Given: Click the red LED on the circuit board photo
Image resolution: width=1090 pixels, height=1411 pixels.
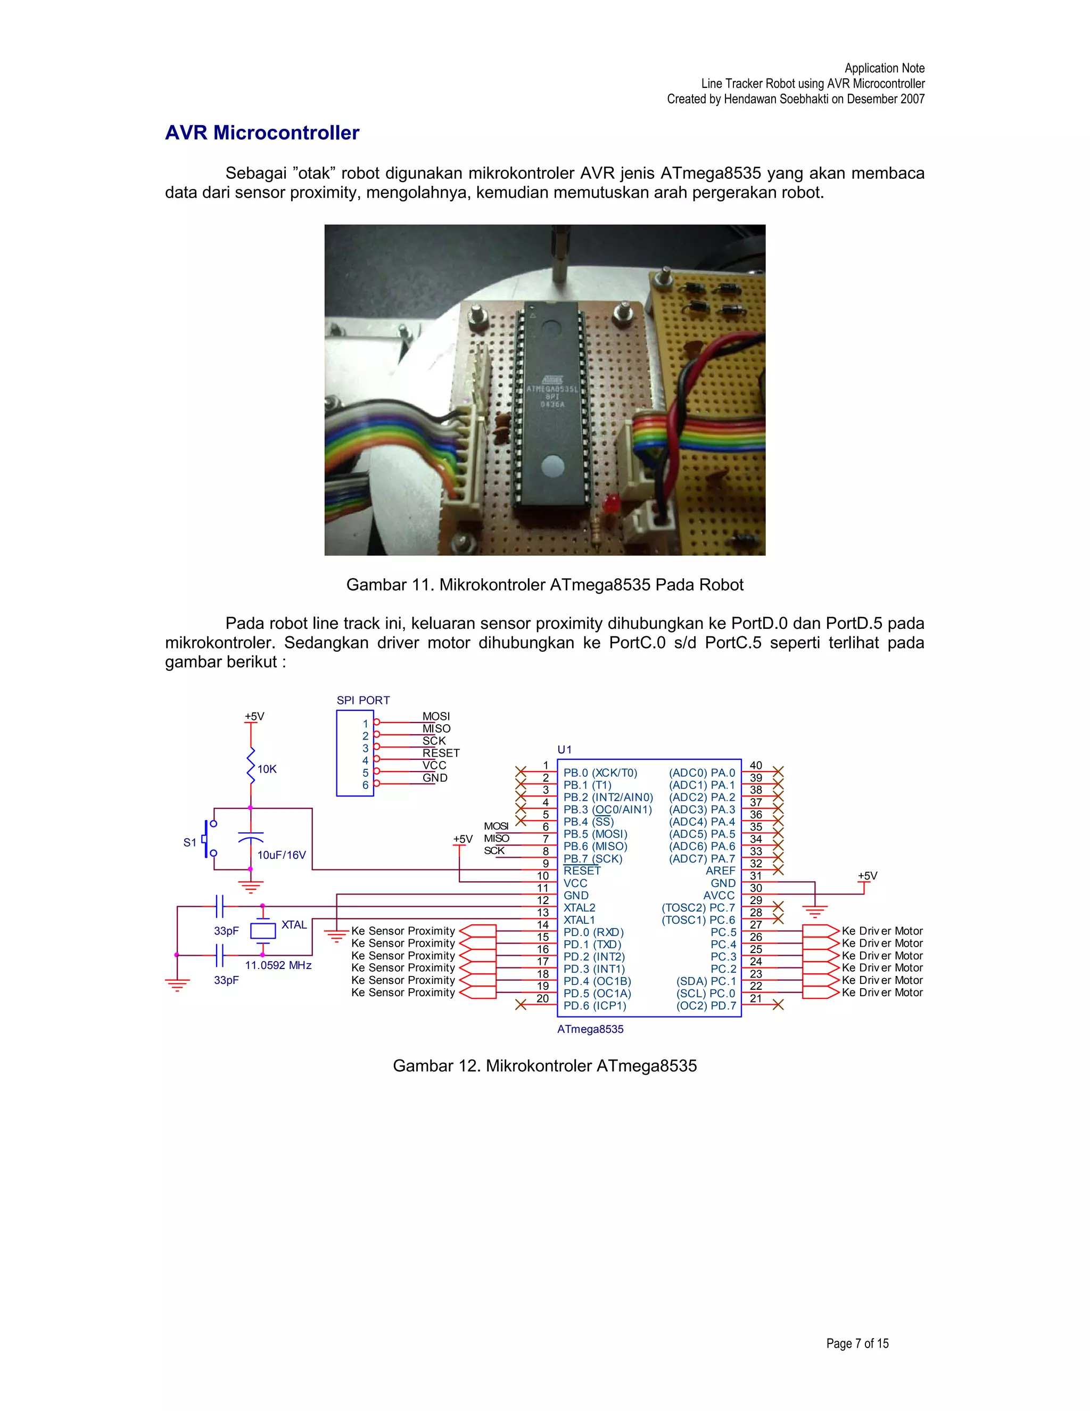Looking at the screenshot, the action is (611, 502).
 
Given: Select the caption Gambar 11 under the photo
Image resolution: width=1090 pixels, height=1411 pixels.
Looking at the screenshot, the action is (544, 585).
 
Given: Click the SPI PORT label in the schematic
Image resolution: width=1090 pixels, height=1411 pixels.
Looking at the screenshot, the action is (363, 700).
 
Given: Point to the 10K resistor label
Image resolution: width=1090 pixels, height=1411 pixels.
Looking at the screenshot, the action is (267, 769).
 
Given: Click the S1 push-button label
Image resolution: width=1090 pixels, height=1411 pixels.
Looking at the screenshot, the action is (189, 842).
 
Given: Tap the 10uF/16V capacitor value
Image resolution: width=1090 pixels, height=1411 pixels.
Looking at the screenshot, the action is (282, 855).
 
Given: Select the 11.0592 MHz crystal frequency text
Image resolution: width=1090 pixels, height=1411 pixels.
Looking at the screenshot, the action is (278, 965).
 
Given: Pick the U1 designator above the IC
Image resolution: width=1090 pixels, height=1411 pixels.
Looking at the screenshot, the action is (564, 750).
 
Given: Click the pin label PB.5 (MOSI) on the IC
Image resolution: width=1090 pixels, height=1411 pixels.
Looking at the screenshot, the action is (594, 834).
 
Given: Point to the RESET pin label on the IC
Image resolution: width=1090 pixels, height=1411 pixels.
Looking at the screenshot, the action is (582, 871).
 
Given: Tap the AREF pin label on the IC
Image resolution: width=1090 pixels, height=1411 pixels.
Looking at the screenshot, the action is (720, 871).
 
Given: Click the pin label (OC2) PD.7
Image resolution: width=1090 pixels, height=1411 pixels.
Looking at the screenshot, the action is (706, 1005).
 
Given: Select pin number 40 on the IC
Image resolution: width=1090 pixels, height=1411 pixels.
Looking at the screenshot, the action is (756, 766).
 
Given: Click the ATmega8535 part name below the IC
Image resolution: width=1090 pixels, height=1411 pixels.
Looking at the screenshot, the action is (590, 1029).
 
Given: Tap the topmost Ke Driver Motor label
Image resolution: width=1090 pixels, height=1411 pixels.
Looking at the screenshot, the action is (882, 931).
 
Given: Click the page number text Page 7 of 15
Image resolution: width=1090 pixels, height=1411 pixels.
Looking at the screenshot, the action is (857, 1343).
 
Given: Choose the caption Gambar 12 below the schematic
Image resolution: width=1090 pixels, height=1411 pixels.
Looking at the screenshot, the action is (544, 1065).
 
